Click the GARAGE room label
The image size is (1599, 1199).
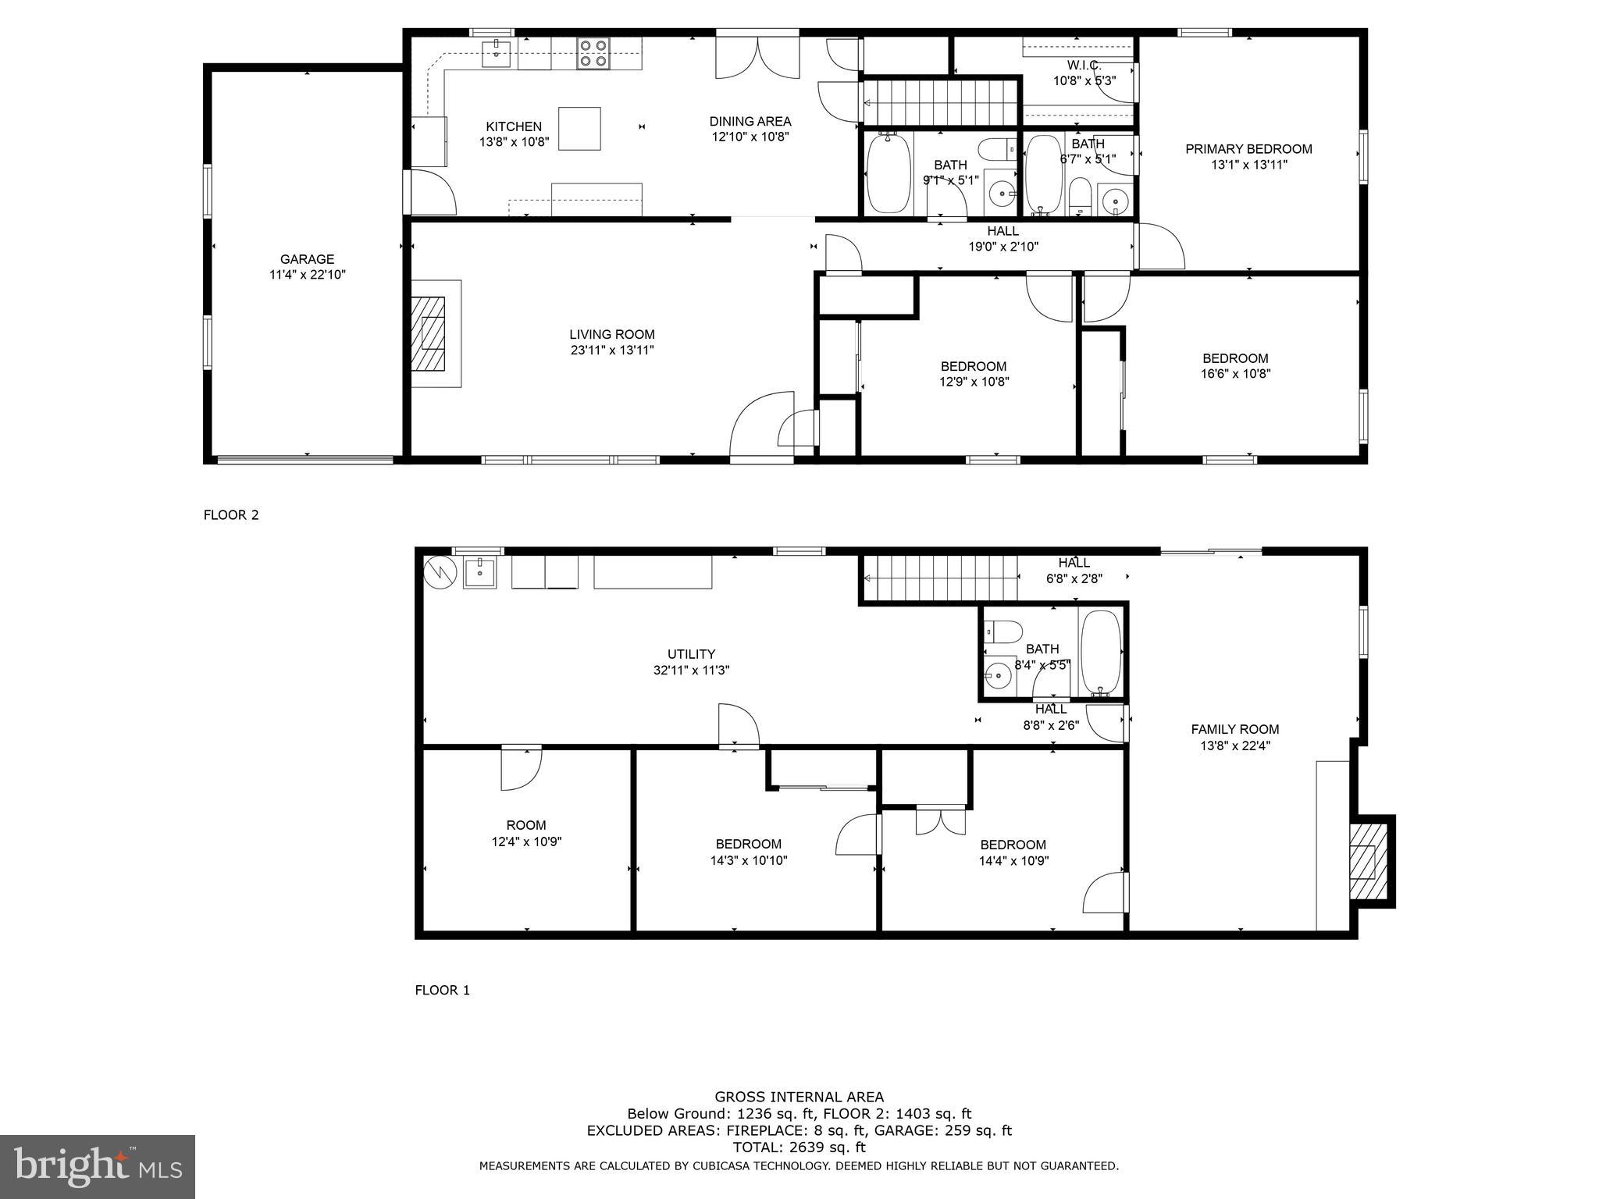[307, 259]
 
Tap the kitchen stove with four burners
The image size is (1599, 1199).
[593, 53]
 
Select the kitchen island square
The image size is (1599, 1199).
[579, 129]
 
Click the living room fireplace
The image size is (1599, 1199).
[429, 333]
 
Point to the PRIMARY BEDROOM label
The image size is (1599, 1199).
[1248, 149]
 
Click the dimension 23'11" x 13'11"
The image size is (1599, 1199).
[611, 350]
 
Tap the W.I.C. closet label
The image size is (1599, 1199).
[1084, 66]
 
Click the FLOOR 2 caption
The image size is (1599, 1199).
[231, 515]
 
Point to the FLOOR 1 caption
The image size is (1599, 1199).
[442, 991]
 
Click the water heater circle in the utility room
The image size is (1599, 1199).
[440, 571]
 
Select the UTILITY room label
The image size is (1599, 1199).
[691, 654]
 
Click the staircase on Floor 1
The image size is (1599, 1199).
[940, 578]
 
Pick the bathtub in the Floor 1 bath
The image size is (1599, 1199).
[1101, 653]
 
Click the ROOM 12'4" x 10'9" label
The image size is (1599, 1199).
[526, 825]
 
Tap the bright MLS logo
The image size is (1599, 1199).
[98, 1167]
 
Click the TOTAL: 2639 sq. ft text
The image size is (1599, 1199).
[799, 1147]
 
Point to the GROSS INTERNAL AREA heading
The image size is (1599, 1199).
[799, 1097]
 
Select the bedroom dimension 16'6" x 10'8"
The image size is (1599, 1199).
[1235, 374]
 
